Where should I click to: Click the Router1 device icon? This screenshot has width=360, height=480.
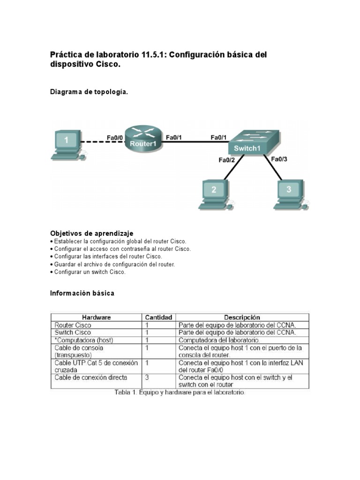(x=143, y=139)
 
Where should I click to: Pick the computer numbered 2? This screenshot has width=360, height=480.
(x=214, y=193)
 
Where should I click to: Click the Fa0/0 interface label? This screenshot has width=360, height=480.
(x=114, y=137)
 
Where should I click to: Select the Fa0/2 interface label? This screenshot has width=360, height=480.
(x=226, y=160)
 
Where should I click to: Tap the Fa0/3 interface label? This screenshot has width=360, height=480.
(x=279, y=159)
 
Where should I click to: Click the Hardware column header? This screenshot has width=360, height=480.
(x=96, y=317)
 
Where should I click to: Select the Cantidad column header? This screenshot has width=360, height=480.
(x=158, y=317)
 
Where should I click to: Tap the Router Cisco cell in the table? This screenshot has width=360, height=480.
(x=73, y=325)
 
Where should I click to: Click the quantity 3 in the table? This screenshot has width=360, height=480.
(x=147, y=377)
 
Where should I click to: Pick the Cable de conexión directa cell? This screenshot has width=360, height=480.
(x=91, y=377)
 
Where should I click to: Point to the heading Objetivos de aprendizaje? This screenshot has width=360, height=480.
(x=91, y=233)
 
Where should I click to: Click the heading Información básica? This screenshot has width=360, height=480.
(x=82, y=293)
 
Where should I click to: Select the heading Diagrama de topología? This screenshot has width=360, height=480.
(x=89, y=92)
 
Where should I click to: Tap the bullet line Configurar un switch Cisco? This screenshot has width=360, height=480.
(x=90, y=272)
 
